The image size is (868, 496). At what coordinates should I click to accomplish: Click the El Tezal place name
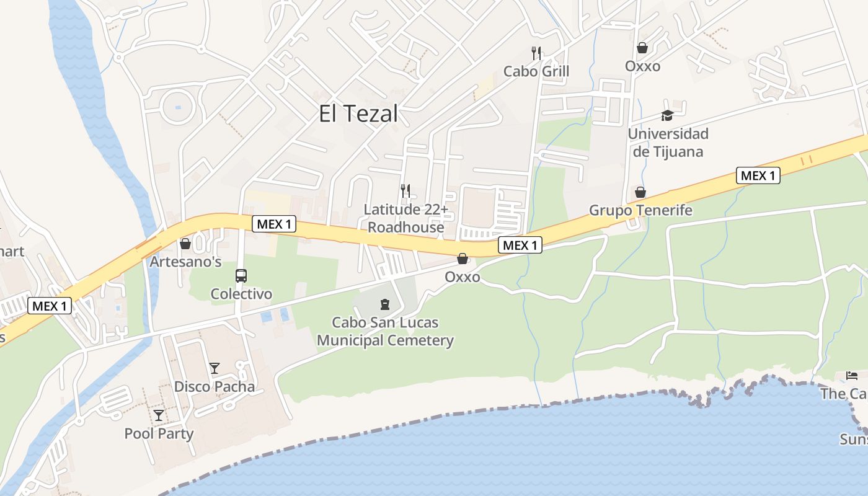358,114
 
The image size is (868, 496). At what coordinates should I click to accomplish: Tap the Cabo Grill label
536,71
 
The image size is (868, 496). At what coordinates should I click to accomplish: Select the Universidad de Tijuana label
668,143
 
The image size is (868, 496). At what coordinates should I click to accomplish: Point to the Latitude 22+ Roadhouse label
405,218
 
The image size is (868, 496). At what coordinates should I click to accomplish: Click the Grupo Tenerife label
640,210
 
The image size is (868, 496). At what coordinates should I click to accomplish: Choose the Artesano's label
185,262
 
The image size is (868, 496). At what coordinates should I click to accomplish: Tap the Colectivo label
241,293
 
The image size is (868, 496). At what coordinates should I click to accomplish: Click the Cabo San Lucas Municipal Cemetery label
385,331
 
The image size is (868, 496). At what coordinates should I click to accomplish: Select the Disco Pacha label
214,387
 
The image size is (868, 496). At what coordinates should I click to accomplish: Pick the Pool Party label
159,433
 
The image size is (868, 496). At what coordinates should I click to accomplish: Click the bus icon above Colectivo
241,275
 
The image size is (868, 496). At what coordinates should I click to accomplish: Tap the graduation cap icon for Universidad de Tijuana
667,115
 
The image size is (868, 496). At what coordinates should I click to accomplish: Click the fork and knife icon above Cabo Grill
536,53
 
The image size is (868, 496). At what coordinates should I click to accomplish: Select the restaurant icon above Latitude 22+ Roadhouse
405,190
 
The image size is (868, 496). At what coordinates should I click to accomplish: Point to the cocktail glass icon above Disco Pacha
214,368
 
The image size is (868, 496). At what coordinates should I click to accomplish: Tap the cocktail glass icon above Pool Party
159,415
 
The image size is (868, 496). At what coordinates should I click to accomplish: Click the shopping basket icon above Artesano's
185,244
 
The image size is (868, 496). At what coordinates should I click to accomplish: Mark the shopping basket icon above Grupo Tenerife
640,192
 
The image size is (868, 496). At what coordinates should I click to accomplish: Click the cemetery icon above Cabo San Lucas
385,304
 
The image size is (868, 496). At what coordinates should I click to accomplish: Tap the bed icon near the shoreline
852,375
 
